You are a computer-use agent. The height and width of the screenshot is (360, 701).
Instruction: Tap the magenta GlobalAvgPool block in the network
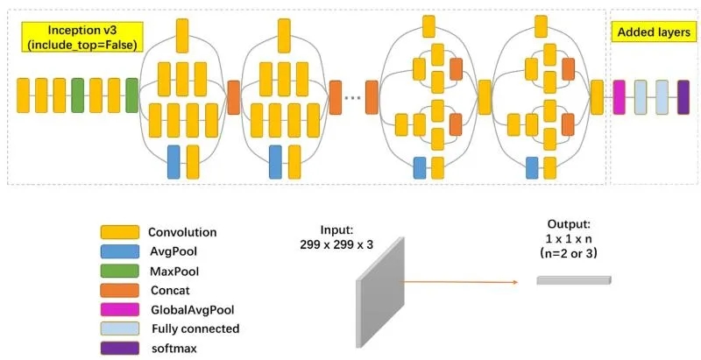tap(620, 96)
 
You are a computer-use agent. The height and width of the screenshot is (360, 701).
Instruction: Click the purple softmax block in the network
tap(683, 96)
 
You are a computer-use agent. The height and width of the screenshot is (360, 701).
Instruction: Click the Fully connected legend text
tap(195, 328)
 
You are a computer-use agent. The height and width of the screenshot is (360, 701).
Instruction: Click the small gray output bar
tap(574, 280)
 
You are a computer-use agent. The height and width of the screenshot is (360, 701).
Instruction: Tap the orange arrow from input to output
tap(464, 283)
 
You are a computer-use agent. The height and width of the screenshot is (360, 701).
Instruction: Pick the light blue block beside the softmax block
tap(662, 96)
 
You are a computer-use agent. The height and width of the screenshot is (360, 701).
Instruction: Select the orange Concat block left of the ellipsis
tap(336, 96)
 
